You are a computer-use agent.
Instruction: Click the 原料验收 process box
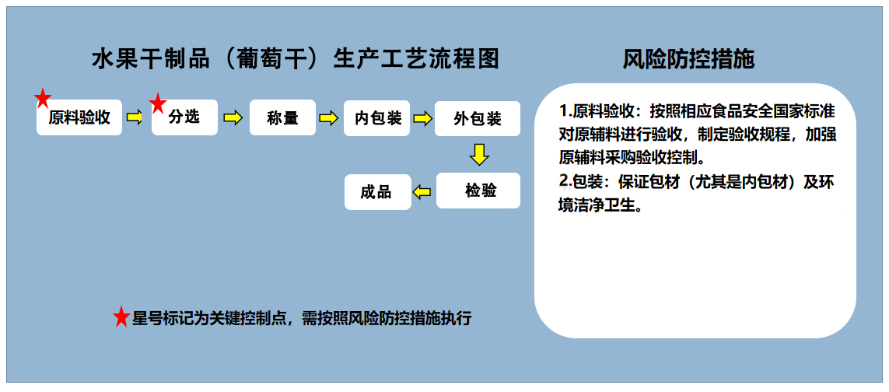(x=79, y=117)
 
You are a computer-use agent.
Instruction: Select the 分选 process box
(x=185, y=117)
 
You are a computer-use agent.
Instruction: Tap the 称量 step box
(x=283, y=118)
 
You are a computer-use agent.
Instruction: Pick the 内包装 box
(x=376, y=118)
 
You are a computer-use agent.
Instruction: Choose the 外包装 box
(x=478, y=118)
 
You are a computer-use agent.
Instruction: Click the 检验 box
(x=478, y=191)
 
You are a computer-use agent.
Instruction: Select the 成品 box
(x=378, y=192)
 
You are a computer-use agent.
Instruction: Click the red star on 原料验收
(x=43, y=100)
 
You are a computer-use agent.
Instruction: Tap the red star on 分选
(x=158, y=103)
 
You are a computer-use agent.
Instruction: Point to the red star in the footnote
(x=121, y=317)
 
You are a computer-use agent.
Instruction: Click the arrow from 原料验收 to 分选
(x=135, y=117)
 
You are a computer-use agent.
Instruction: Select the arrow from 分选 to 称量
(x=233, y=117)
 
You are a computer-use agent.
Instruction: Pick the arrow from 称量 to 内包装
(x=329, y=117)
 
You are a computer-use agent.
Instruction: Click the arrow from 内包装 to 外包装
(x=422, y=118)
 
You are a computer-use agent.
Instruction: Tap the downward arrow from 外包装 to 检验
(x=480, y=154)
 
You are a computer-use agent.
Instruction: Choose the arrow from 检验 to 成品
(x=422, y=192)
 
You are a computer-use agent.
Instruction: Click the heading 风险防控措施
(x=688, y=59)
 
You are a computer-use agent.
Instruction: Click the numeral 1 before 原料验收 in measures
(x=564, y=109)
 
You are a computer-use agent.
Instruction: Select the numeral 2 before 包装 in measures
(x=564, y=181)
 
